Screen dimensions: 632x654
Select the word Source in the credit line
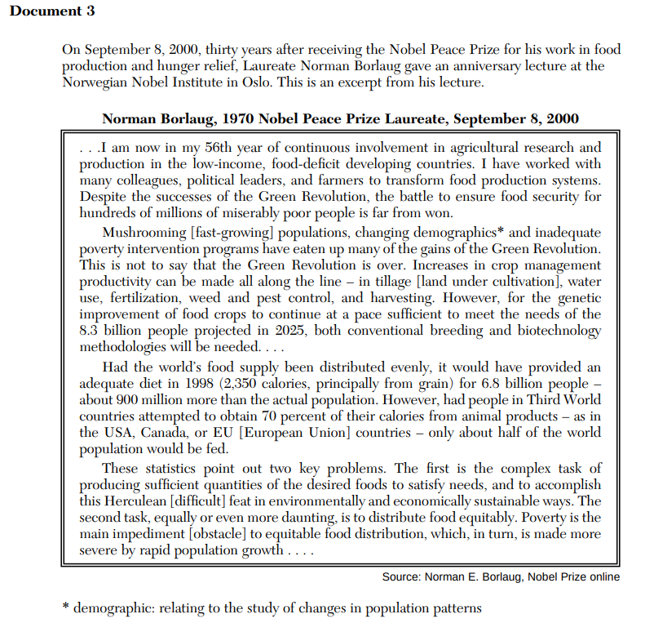pyautogui.click(x=401, y=577)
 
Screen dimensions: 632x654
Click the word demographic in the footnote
pyautogui.click(x=112, y=608)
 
